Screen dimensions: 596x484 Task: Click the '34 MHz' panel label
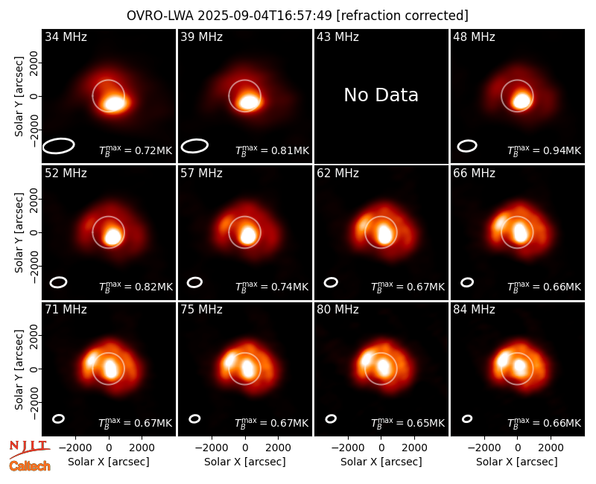66,36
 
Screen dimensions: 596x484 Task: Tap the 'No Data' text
381,95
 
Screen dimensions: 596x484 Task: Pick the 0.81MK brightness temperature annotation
290,151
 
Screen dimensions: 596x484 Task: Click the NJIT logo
29,448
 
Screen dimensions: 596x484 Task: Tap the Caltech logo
30,466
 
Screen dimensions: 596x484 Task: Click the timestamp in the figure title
265,16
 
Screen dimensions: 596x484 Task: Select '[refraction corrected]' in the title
402,16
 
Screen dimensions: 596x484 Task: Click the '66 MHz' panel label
474,173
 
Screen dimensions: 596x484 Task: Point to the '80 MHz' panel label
337,310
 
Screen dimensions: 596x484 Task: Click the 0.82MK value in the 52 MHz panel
153,287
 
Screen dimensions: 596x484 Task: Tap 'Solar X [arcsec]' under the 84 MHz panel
517,462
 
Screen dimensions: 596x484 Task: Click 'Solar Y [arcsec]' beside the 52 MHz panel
19,232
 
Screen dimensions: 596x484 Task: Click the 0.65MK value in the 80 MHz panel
425,423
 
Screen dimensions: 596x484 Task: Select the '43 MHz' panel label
337,36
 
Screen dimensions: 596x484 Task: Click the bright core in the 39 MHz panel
249,102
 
